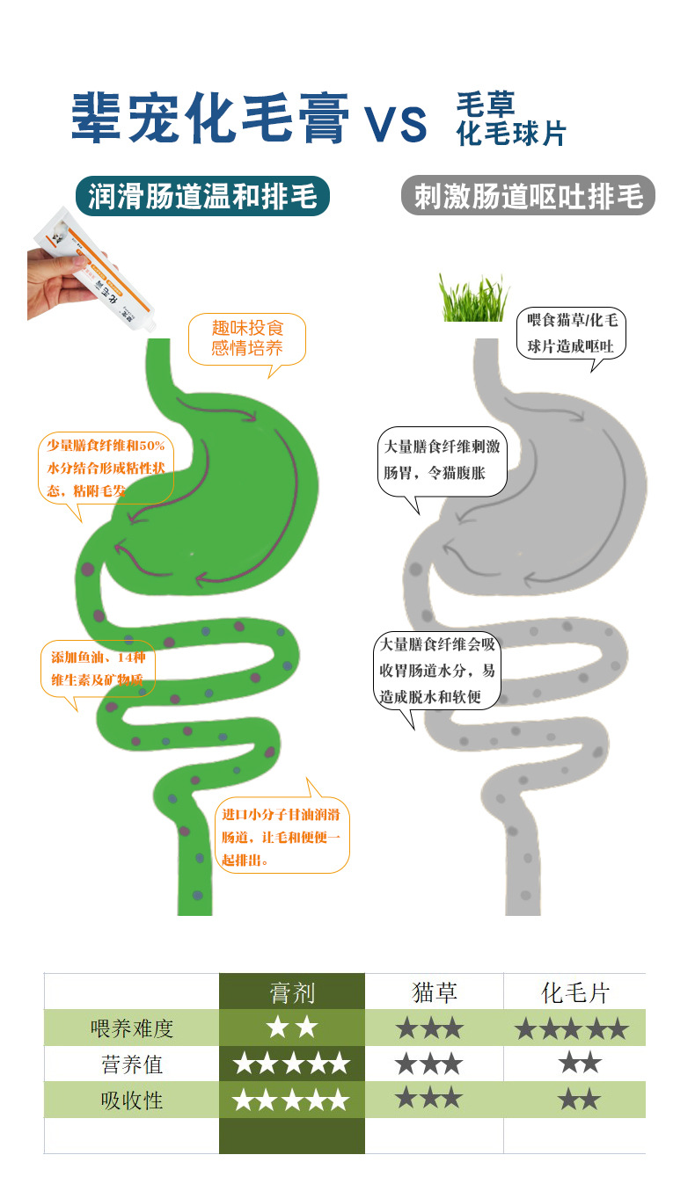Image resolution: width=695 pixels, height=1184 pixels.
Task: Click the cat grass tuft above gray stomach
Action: coord(472,298)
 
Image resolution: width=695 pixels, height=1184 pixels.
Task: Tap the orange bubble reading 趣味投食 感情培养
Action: coord(247,338)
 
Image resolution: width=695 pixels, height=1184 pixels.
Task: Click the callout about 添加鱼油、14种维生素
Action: coord(97,669)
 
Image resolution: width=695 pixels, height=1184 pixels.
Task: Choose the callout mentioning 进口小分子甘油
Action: coord(282,837)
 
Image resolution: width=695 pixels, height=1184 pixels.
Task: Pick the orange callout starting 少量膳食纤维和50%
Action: coord(106,468)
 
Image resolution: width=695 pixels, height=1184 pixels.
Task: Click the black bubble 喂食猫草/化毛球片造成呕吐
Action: coord(571,332)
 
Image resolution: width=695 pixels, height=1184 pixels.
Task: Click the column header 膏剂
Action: coord(291,993)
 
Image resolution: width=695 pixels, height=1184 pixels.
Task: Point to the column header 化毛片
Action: coord(574,993)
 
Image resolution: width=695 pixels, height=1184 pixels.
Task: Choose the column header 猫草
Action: coord(434,993)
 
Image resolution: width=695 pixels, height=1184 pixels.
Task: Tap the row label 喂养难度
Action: coord(132,1028)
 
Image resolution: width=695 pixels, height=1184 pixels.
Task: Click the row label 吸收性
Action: coord(132,1100)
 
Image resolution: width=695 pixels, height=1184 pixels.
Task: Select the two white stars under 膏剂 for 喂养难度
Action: coord(291,1028)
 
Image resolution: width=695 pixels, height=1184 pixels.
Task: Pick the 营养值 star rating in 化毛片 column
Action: coord(579,1064)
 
